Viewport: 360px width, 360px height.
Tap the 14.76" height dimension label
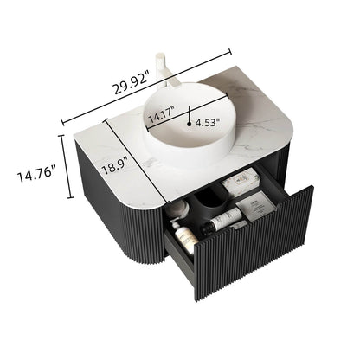pyautogui.click(x=35, y=177)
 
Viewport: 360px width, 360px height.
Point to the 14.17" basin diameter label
pyautogui.click(x=161, y=112)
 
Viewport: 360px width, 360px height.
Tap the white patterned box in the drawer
pyautogui.click(x=236, y=184)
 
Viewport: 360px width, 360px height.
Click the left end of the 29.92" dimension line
pyautogui.click(x=63, y=122)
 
